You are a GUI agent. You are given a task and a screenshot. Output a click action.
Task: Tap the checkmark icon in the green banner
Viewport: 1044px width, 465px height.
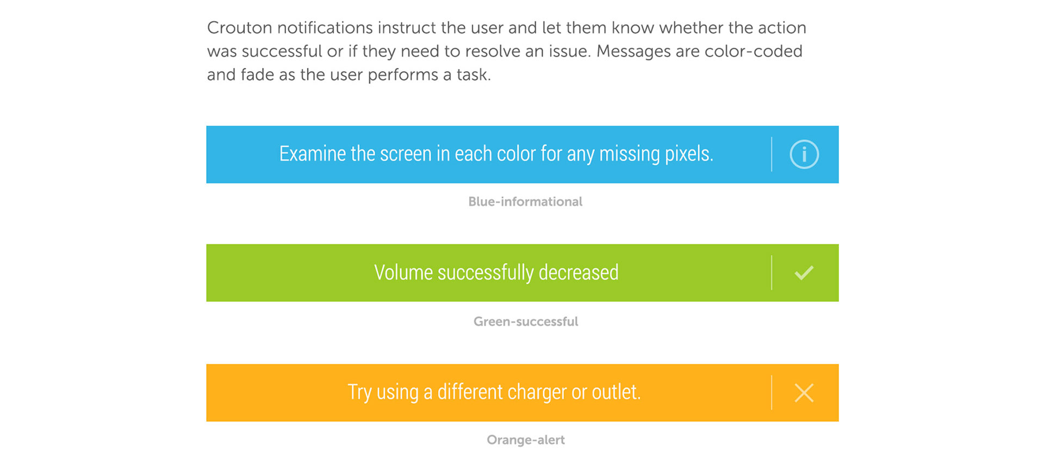point(804,273)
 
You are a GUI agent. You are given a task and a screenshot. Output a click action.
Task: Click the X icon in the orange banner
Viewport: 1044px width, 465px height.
point(804,393)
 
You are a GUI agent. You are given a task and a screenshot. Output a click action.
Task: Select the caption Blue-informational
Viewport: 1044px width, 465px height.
point(525,202)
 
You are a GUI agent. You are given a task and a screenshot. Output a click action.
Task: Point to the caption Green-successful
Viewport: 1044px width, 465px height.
point(526,321)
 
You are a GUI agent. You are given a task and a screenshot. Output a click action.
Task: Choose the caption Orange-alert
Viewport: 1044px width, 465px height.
point(526,439)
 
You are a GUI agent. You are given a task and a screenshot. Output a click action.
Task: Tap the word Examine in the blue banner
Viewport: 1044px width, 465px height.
point(313,154)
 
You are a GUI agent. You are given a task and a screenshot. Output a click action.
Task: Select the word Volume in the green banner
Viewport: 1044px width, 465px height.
point(403,272)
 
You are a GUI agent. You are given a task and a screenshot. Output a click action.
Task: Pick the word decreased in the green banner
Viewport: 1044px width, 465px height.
point(579,272)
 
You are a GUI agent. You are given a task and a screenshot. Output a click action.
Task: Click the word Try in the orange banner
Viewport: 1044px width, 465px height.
point(359,393)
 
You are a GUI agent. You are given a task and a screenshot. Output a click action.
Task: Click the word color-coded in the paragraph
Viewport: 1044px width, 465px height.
point(754,51)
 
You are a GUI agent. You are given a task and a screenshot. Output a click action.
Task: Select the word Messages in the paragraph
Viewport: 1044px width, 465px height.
point(633,51)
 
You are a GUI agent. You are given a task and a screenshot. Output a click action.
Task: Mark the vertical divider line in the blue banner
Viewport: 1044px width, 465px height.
point(772,154)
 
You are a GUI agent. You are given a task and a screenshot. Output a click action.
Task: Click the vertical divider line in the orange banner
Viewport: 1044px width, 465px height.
point(772,392)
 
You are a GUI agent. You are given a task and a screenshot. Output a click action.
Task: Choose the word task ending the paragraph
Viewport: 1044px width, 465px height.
point(474,75)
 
